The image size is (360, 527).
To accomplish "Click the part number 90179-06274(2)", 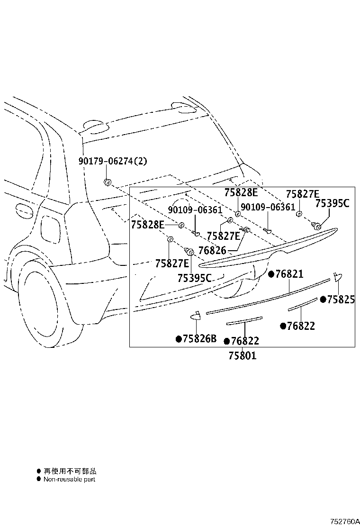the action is [113, 161].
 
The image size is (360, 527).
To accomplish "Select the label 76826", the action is [212, 250].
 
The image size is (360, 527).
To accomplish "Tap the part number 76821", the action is [289, 274].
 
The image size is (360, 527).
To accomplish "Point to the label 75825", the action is [341, 299].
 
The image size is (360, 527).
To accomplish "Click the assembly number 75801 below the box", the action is [243, 355].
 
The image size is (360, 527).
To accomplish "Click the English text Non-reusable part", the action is [70, 479].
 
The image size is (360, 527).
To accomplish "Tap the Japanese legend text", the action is [70, 471].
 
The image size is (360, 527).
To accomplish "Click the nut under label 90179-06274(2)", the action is [108, 182].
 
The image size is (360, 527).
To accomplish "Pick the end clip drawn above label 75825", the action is [337, 277].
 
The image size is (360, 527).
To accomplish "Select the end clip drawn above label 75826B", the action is [196, 315].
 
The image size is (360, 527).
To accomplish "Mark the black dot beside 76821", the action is [271, 274].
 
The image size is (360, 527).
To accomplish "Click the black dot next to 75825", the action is [323, 299].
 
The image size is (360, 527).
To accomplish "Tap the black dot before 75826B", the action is [179, 339].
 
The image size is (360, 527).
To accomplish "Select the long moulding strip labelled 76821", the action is [268, 297].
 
